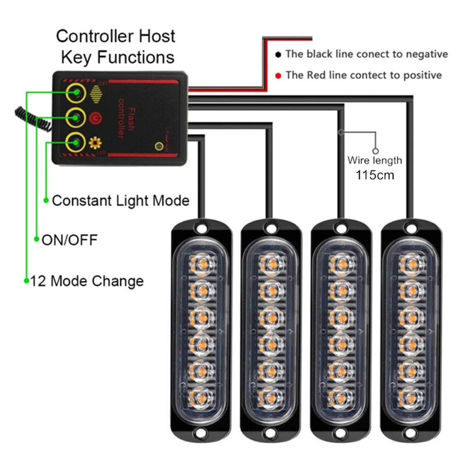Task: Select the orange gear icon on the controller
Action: coord(93,141)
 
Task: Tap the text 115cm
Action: coord(375,175)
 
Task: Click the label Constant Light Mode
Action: coord(121,201)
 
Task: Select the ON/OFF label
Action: coord(70,240)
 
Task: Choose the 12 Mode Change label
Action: coord(87,281)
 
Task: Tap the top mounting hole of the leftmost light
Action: coord(201,228)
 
